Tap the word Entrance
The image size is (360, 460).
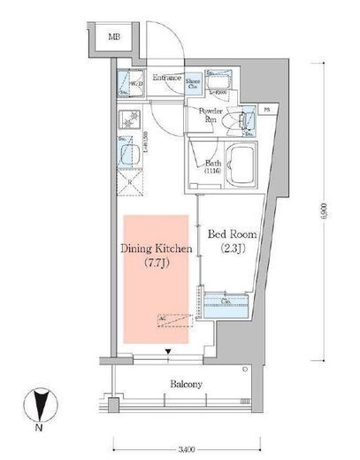pos(166,78)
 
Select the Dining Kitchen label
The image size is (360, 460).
pos(156,250)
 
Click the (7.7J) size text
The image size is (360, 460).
pos(156,264)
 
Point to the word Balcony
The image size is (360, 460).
pos(186,384)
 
